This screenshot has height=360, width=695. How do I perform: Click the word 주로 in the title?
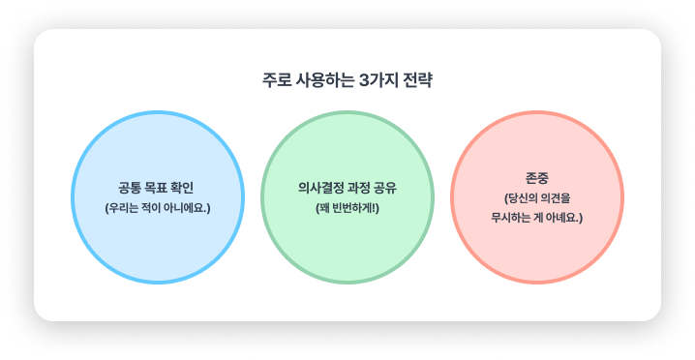(276, 80)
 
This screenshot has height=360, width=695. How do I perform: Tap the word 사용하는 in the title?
(322, 80)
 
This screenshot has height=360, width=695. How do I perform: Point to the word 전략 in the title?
(417, 80)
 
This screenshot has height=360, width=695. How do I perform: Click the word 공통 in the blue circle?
(130, 188)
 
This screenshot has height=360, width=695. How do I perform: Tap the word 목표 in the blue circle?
(160, 188)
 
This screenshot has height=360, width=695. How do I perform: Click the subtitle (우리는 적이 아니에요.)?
(157, 208)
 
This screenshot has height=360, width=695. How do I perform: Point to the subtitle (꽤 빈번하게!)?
(347, 208)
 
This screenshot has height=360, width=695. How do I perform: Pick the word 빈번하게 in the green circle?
(355, 208)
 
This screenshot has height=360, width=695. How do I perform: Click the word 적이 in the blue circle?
(150, 208)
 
